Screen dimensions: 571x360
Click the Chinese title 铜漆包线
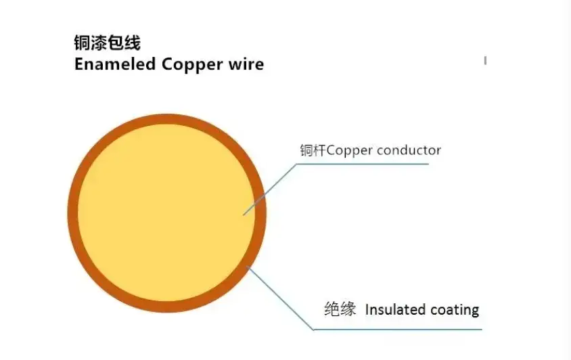[108, 43]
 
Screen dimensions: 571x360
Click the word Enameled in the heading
[115, 64]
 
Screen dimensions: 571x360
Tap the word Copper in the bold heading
[192, 65]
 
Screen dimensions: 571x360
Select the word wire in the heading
[246, 64]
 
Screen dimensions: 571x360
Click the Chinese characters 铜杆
[313, 150]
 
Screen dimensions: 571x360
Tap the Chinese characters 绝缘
[340, 309]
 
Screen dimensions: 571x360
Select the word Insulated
[396, 310]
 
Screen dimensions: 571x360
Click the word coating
[455, 311]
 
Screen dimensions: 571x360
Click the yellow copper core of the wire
[166, 212]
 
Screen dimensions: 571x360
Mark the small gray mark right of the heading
[486, 60]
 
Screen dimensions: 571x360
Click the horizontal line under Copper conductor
[363, 164]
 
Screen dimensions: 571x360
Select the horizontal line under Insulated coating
[398, 330]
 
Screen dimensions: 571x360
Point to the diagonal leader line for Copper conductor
[270, 189]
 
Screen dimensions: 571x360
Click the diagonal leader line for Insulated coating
[280, 298]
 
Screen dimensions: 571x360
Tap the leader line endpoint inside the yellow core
[244, 215]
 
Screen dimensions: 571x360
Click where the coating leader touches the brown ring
[247, 267]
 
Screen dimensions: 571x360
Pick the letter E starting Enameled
[79, 64]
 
